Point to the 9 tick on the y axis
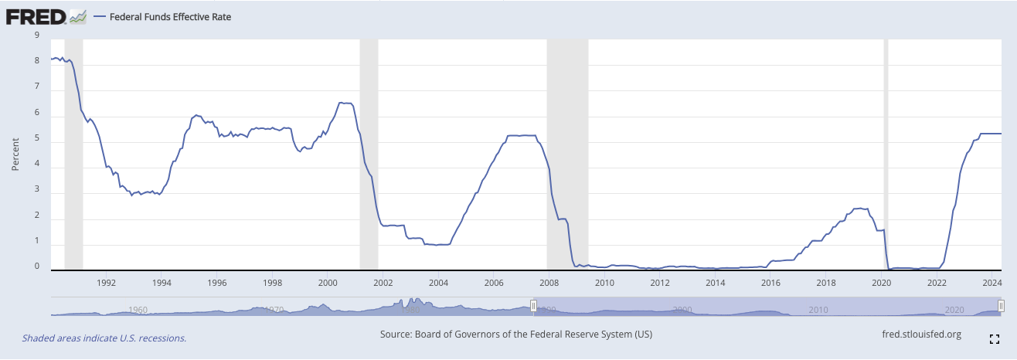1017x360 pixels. point(37,35)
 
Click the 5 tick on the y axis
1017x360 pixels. point(37,141)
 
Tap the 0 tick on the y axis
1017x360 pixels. point(37,267)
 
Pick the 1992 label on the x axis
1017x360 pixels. point(107,283)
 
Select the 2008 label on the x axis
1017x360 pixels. point(549,283)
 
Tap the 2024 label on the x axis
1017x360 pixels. point(991,283)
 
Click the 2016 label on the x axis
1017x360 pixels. point(770,283)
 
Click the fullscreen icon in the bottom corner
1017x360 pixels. point(995,338)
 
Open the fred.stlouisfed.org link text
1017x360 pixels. point(921,335)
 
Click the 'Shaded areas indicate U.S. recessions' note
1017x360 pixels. point(104,338)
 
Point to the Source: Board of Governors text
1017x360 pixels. point(516,335)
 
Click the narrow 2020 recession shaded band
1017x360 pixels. point(886,155)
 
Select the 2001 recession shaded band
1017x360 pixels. point(369,155)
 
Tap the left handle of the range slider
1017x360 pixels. point(533,307)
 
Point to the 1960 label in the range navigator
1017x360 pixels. point(138,310)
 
